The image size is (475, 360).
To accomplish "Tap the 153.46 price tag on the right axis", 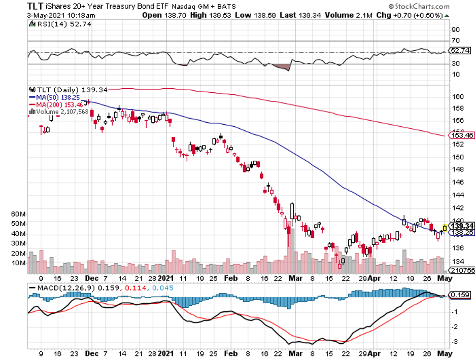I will [462, 135].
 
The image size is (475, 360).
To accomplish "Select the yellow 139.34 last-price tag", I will [462, 226].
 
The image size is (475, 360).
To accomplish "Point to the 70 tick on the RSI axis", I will [456, 41].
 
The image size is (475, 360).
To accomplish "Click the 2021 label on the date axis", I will [166, 278].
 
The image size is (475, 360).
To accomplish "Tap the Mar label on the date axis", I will [295, 278].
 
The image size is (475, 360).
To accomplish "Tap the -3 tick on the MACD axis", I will [455, 341].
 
